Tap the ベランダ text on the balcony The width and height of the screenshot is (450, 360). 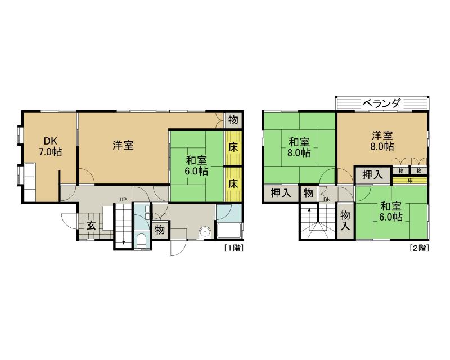point(381,103)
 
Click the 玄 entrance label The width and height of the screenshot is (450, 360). point(91,225)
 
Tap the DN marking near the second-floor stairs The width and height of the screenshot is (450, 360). point(327,200)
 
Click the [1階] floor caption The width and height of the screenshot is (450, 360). point(234,246)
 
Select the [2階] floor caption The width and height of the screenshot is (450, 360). point(419,246)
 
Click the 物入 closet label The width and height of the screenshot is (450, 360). point(345,220)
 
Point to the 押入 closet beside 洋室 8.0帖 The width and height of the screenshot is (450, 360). point(372,175)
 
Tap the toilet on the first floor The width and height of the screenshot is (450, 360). point(141,241)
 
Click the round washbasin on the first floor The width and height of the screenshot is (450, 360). point(205,231)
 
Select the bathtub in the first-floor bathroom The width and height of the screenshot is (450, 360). point(229,231)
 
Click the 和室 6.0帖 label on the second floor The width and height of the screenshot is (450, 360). point(390,211)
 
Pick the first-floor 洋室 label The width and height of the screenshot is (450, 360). point(123,145)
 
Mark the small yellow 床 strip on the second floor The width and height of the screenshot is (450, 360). point(410,181)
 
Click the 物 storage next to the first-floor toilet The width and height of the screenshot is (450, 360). point(160,229)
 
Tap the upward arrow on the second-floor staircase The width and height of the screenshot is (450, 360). point(309,211)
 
